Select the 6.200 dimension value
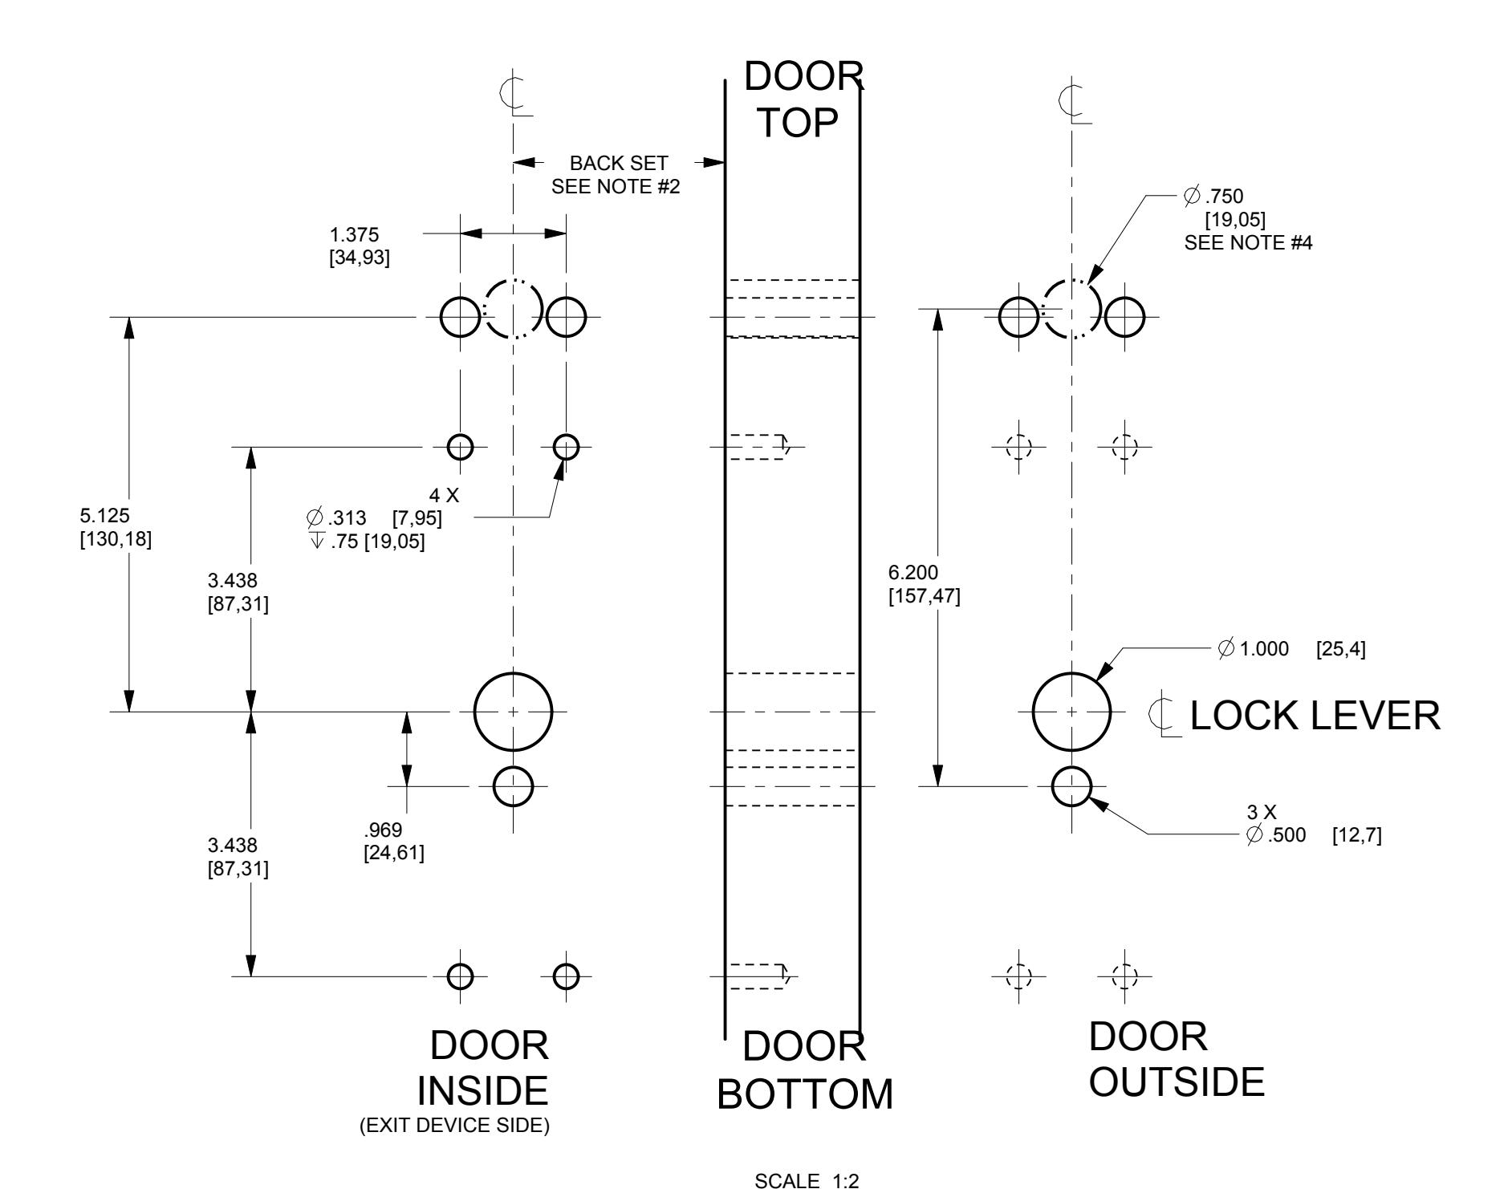click(x=913, y=573)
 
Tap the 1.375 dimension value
click(x=354, y=235)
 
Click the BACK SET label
click(x=618, y=164)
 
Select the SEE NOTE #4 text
click(x=1248, y=243)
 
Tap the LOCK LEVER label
click(x=1315, y=716)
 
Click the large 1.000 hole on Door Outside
click(x=1072, y=712)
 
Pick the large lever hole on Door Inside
click(x=514, y=712)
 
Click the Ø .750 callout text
click(x=1213, y=195)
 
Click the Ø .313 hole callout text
click(x=337, y=518)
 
